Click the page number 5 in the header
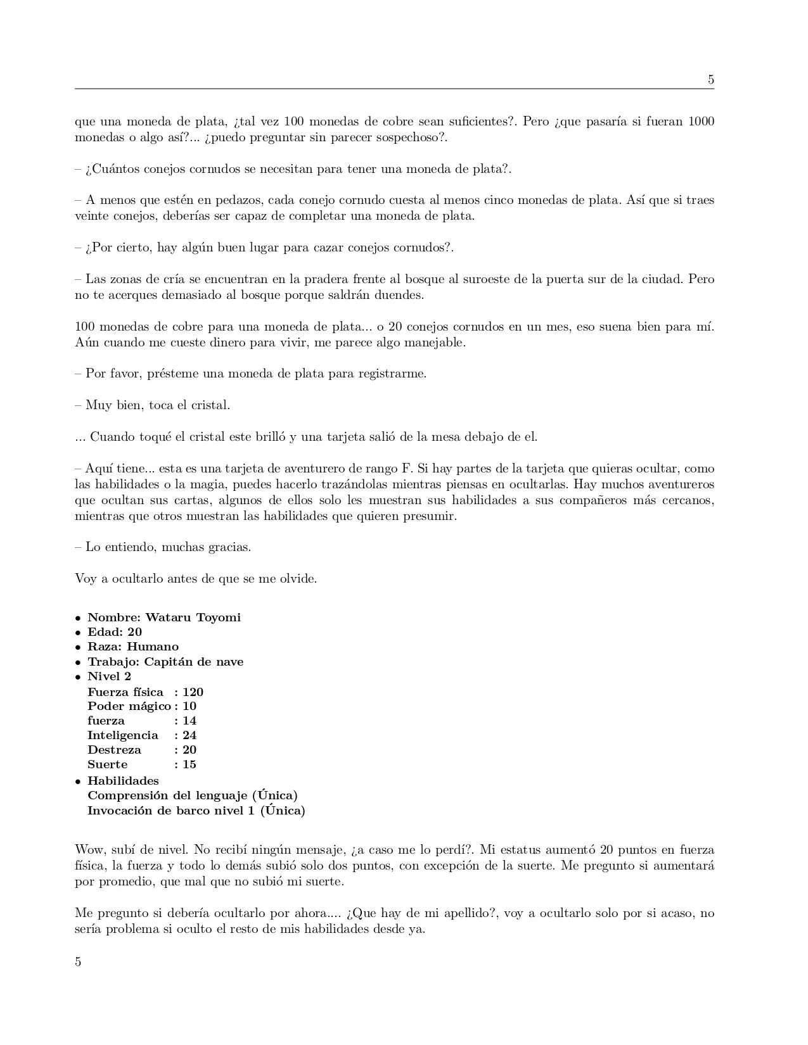click(x=710, y=80)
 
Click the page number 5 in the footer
click(x=78, y=962)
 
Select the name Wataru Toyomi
click(x=193, y=617)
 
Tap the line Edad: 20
click(x=115, y=632)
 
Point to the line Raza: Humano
click(x=133, y=647)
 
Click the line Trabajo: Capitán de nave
click(x=165, y=662)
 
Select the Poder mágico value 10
click(x=189, y=706)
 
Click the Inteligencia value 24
click(x=189, y=735)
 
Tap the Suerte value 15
click(x=189, y=764)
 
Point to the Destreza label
click(x=114, y=750)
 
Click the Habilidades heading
click(x=123, y=781)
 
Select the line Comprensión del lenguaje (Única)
click(x=192, y=795)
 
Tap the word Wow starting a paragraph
click(x=87, y=850)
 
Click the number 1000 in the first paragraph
click(x=701, y=122)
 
